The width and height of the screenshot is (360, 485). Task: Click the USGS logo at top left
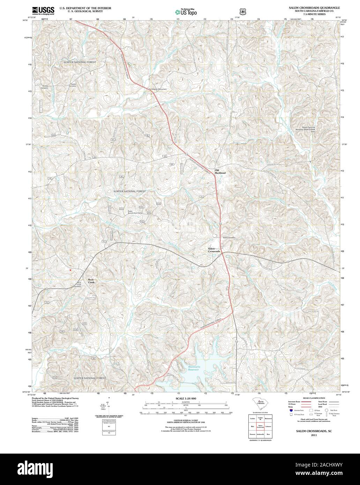pyautogui.click(x=43, y=11)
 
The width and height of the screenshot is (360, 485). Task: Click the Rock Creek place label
pyautogui.click(x=91, y=281)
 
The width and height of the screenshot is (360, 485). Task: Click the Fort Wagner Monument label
pyautogui.click(x=157, y=89)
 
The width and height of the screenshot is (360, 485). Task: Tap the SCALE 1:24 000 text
pyautogui.click(x=186, y=398)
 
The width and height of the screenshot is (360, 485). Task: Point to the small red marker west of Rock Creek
pyautogui.click(x=70, y=270)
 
